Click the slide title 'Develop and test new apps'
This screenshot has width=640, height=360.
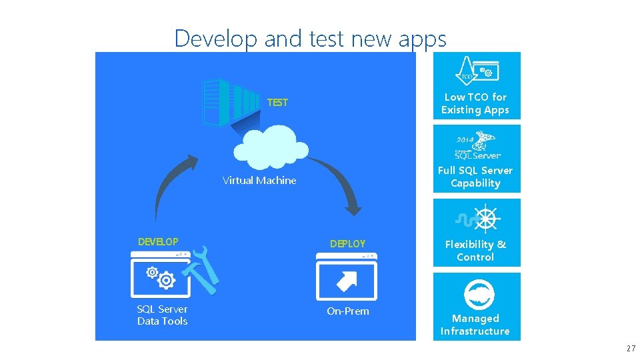point(310,39)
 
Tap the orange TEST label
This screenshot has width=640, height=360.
point(277,103)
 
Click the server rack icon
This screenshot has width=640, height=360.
point(230,103)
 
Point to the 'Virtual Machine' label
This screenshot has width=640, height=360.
point(259,181)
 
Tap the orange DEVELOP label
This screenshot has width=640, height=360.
point(158,241)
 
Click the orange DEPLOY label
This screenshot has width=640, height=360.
point(347,244)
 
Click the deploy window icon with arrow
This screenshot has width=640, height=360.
point(346,279)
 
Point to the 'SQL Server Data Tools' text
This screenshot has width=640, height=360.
point(162,315)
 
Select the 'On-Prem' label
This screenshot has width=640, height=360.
point(347,311)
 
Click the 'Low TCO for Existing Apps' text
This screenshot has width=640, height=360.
point(475,103)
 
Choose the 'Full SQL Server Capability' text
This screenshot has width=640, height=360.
point(475,177)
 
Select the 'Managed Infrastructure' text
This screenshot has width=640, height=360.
point(475,325)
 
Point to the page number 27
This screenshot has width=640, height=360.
point(631,349)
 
